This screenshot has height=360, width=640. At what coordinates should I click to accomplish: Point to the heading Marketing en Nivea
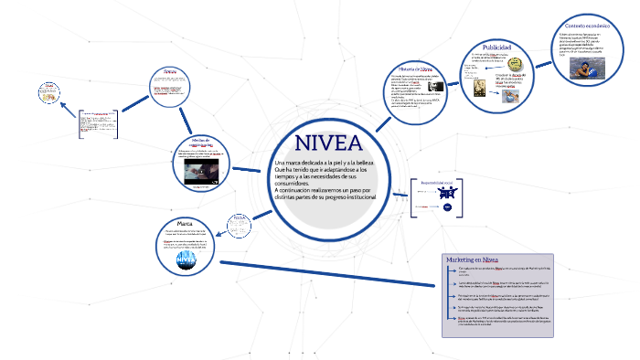[x=472, y=259]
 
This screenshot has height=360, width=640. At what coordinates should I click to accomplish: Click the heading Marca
[x=184, y=224]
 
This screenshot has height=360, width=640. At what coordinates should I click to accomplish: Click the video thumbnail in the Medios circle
[x=202, y=174]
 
